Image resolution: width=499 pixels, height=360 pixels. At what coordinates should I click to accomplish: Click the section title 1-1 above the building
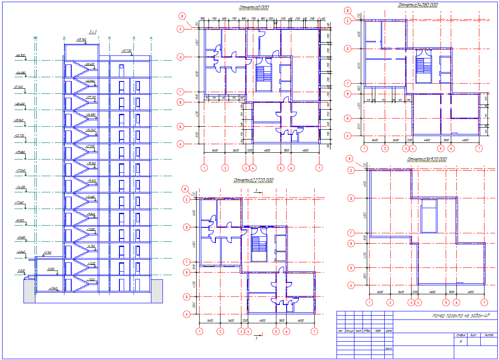[93, 32]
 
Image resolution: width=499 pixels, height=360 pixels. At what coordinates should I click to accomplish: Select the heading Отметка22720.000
[253, 180]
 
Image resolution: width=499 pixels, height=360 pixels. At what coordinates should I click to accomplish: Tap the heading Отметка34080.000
[418, 5]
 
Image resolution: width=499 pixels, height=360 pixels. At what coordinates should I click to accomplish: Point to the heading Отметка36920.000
[426, 159]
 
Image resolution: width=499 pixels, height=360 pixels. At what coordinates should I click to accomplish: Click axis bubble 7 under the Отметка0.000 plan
[319, 168]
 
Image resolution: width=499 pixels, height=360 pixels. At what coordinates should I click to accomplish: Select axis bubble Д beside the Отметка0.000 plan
[181, 56]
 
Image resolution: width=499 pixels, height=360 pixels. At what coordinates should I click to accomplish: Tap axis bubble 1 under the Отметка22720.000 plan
[199, 331]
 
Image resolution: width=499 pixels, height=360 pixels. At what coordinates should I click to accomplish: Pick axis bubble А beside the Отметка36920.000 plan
[351, 285]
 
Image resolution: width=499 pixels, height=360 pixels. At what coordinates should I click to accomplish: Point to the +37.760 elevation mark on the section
[81, 39]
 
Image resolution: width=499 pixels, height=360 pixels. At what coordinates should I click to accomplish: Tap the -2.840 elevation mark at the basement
[53, 288]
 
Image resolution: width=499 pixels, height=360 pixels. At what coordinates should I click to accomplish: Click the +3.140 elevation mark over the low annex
[46, 253]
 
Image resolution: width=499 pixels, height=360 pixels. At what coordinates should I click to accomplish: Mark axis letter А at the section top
[151, 38]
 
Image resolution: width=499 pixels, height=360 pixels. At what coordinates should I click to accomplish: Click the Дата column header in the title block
[388, 331]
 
